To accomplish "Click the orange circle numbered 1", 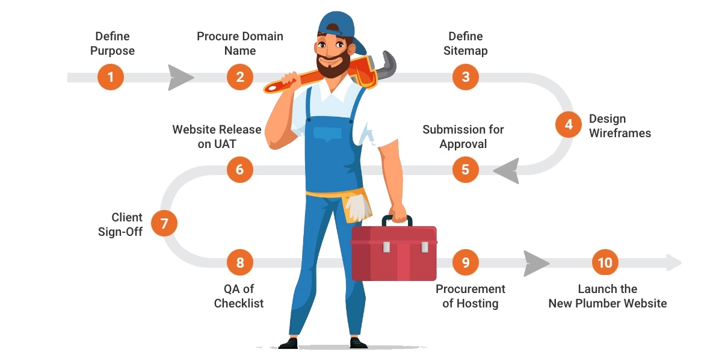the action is pyautogui.click(x=111, y=77).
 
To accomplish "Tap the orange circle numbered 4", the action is pyautogui.click(x=569, y=125).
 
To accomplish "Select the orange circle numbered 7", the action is pyautogui.click(x=164, y=223).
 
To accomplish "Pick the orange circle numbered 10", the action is pyautogui.click(x=605, y=262).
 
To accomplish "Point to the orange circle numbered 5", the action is pyautogui.click(x=466, y=170).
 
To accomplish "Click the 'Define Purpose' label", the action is pyautogui.click(x=113, y=43).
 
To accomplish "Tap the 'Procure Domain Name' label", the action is pyautogui.click(x=240, y=43).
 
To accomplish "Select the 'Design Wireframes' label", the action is pyautogui.click(x=620, y=126).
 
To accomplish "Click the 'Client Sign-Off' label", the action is pyautogui.click(x=120, y=224).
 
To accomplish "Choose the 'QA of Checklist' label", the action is pyautogui.click(x=239, y=296).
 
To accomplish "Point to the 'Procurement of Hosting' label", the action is pyautogui.click(x=471, y=296).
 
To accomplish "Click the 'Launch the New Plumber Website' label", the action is pyautogui.click(x=608, y=296).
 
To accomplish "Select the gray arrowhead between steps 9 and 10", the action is pyautogui.click(x=535, y=264).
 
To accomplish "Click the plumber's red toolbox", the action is pyautogui.click(x=394, y=250).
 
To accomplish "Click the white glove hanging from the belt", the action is pyautogui.click(x=358, y=207).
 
